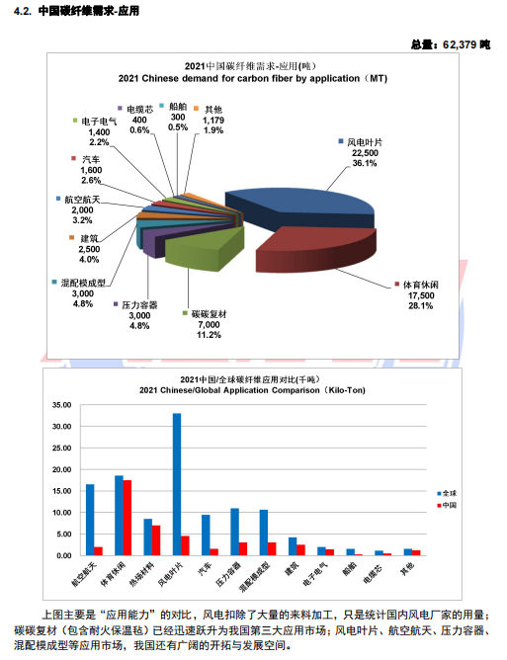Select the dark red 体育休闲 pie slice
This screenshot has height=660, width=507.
(316, 248)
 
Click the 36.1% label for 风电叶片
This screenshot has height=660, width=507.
(365, 163)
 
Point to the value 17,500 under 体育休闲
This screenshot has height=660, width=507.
(421, 295)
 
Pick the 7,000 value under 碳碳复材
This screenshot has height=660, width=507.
(209, 324)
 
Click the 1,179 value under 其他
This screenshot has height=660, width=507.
(213, 121)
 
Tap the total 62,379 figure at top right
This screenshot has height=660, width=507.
(460, 44)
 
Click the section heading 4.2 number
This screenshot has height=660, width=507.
(23, 11)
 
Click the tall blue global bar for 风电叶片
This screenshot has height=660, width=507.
(177, 484)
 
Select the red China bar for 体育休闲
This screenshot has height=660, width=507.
(127, 518)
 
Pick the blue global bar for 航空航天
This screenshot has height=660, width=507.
(90, 520)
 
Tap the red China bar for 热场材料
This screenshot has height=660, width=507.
(156, 540)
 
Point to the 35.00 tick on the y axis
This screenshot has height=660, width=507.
(62, 405)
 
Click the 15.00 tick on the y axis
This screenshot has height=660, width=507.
(62, 491)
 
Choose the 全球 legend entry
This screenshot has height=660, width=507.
(447, 493)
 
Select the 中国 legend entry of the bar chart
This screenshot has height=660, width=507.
(447, 505)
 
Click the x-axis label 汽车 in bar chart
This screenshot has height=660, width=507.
(205, 569)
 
